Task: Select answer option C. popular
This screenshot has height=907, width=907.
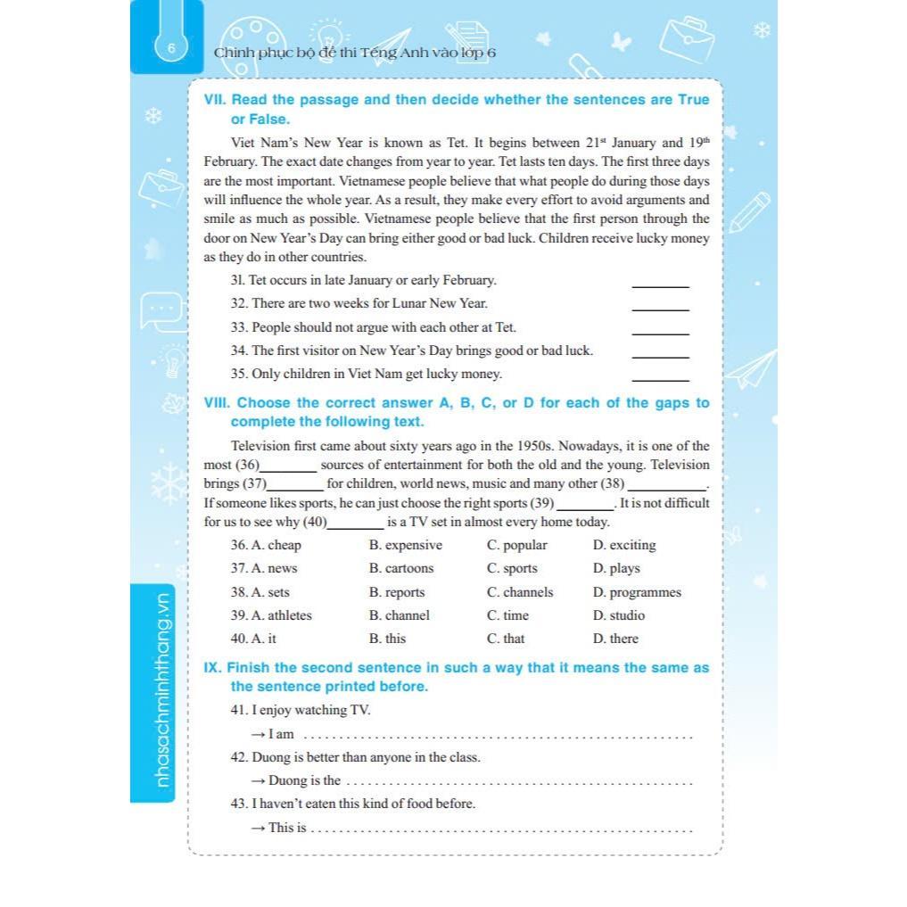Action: [x=517, y=545]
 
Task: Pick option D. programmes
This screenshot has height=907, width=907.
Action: [x=637, y=592]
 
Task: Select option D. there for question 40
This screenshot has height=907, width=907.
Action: [x=615, y=639]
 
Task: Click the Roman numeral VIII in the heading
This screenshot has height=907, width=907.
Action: [x=217, y=403]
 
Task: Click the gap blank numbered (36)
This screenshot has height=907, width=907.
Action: [x=287, y=466]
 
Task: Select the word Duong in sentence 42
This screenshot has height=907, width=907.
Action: [x=270, y=757]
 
